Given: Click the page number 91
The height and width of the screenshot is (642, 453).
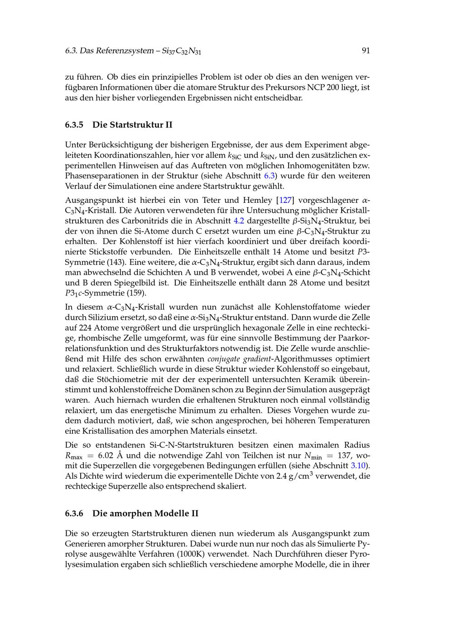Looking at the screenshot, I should [366, 51].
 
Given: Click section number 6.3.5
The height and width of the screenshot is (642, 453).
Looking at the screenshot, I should [74, 124].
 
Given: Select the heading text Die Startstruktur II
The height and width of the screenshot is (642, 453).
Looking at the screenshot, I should [132, 124].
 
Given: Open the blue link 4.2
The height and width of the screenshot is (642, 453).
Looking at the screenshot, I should [238, 221].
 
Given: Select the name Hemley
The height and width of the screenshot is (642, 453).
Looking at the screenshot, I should [257, 200].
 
